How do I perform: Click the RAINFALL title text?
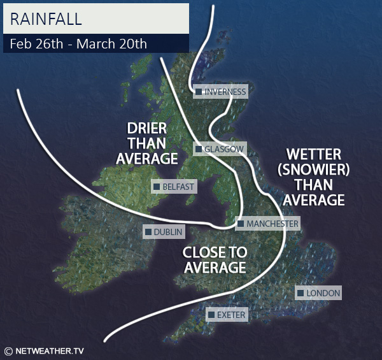tap(46, 18)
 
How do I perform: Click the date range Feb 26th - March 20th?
tap(78, 44)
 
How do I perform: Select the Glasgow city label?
tap(223, 149)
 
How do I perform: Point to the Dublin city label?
tap(168, 232)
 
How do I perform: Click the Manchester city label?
tap(272, 224)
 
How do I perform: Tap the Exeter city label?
tap(230, 315)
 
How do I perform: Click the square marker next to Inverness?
tap(199, 92)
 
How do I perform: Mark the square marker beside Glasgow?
tap(199, 149)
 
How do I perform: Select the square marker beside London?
tap(301, 293)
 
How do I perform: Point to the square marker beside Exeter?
tap(211, 315)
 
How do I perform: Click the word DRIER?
tap(147, 127)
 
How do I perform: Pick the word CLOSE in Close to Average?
tap(204, 252)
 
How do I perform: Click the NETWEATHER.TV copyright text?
tap(50, 350)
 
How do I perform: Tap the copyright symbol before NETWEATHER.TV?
tap(8, 350)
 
